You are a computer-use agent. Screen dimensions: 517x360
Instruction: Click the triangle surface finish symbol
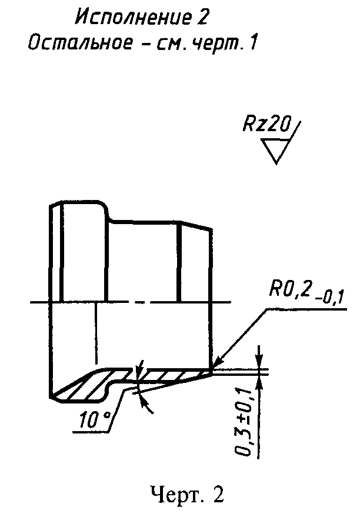click(x=275, y=150)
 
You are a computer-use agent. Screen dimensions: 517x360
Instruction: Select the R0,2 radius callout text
click(x=290, y=289)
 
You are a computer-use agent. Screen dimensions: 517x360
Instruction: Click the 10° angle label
click(x=95, y=420)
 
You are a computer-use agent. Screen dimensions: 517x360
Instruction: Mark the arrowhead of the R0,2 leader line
click(x=215, y=364)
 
